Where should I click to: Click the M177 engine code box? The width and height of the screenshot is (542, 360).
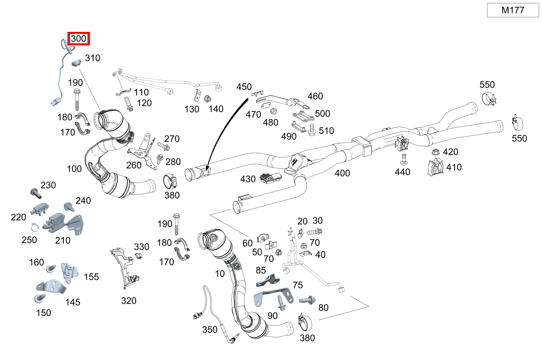[x=513, y=10]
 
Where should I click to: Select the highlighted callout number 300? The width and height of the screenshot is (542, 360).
[x=78, y=39]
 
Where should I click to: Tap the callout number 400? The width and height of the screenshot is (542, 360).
[x=342, y=173]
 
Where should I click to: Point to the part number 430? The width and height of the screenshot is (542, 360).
[x=248, y=179]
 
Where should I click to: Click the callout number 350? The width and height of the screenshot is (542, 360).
[x=210, y=330]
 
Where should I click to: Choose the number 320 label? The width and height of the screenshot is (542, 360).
[x=129, y=301]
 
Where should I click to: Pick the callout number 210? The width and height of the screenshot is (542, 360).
[x=63, y=241]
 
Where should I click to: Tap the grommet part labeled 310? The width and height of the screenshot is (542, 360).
[x=75, y=64]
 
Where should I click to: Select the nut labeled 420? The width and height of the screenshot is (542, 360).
[x=436, y=153]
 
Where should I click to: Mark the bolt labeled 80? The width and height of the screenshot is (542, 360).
[x=307, y=300]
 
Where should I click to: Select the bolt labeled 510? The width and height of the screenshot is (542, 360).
[x=312, y=130]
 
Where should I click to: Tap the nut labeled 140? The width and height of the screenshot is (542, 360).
[x=207, y=98]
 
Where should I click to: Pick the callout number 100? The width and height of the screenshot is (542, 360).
[x=74, y=168]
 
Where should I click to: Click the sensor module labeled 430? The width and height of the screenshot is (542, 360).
[x=270, y=179]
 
